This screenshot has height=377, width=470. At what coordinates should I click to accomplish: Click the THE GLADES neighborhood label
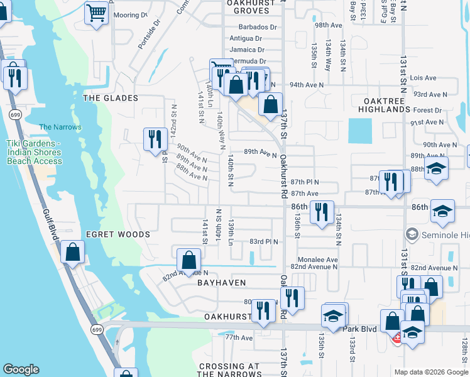coord(111,98)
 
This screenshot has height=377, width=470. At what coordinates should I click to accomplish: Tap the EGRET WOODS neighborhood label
coord(118,234)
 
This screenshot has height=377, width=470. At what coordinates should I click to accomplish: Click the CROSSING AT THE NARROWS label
coord(229,370)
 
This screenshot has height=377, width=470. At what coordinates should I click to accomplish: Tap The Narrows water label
coord(60,127)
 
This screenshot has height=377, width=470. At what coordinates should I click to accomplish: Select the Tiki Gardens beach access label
coord(35,152)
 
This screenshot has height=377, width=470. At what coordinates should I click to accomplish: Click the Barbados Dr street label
coord(258,27)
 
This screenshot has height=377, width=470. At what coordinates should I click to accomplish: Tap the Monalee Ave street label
coord(318,259)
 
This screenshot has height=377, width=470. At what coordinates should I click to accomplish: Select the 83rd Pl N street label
coord(264,241)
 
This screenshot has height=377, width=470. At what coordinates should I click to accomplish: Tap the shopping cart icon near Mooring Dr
coord(96,12)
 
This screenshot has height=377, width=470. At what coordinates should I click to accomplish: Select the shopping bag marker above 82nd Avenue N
coord(189,259)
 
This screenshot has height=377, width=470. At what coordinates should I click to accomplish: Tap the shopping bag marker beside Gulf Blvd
coord(73,251)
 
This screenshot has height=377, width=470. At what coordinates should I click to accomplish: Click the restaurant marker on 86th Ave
coord(322,211)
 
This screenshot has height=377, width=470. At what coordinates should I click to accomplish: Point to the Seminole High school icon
coord(412,234)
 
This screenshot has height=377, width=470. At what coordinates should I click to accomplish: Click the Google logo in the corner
coord(21,369)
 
